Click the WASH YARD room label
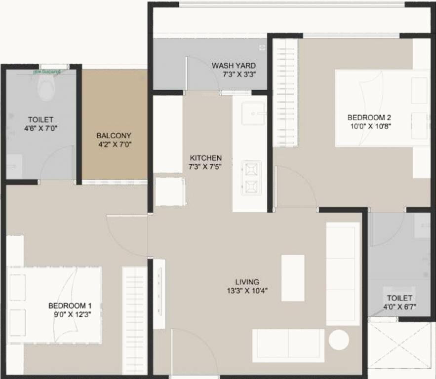point(234,66)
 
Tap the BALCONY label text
point(114,135)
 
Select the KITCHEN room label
point(205,158)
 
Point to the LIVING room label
point(247,282)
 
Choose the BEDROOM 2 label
point(369,117)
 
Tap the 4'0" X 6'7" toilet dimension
point(399,306)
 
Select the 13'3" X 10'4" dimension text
point(247,291)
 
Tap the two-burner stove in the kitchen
point(250,178)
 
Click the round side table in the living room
point(339,340)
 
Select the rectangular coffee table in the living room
point(293,278)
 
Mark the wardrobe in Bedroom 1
point(134,320)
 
